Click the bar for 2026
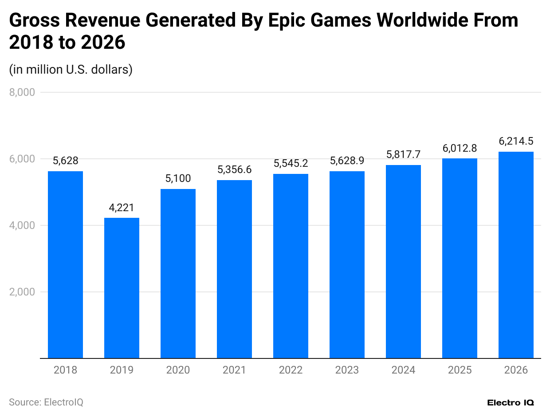coord(516,255)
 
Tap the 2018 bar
coord(65,264)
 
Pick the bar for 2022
coord(291,266)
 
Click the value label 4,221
coord(122,208)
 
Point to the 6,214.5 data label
coord(516,142)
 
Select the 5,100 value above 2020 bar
coord(178,179)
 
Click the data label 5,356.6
coord(234,170)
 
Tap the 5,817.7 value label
coord(403,155)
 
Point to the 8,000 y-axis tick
coord(22,93)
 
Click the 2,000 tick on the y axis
coord(22,292)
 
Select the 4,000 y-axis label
coord(22,226)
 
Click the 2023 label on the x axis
coord(347,370)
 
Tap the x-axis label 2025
coord(460,370)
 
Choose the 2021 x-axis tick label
coord(234,370)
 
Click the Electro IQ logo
coord(510,403)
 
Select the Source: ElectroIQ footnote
coord(46,402)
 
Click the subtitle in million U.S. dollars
coord(71,70)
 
